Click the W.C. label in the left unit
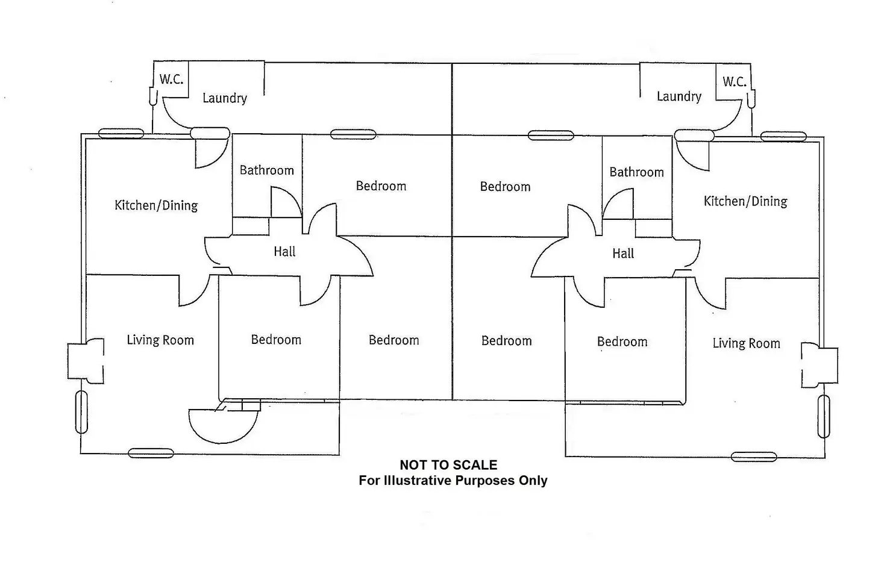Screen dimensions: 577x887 pyautogui.click(x=171, y=79)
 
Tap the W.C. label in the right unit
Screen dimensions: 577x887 pyautogui.click(x=735, y=82)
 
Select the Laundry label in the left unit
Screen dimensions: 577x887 pyautogui.click(x=224, y=98)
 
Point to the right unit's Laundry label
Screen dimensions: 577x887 pyautogui.click(x=679, y=96)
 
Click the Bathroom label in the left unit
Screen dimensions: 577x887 pyautogui.click(x=267, y=170)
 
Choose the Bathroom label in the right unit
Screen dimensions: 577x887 pyautogui.click(x=636, y=172)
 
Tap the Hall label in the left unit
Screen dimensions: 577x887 pyautogui.click(x=284, y=252)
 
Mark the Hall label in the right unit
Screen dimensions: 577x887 pyautogui.click(x=623, y=254)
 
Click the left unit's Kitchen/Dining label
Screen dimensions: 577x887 pyautogui.click(x=156, y=205)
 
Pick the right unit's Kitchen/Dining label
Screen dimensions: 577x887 pyautogui.click(x=745, y=201)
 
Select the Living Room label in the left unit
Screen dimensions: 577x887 pyautogui.click(x=160, y=340)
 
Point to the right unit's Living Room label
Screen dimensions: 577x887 pyautogui.click(x=746, y=343)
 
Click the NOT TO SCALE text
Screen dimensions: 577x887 pyautogui.click(x=448, y=465)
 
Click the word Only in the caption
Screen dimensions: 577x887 pyautogui.click(x=533, y=481)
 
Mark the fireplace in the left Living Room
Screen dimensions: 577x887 pyautogui.click(x=85, y=361)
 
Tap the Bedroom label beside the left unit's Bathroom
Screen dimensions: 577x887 pyautogui.click(x=381, y=186)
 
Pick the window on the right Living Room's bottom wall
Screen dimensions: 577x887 pyautogui.click(x=753, y=457)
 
